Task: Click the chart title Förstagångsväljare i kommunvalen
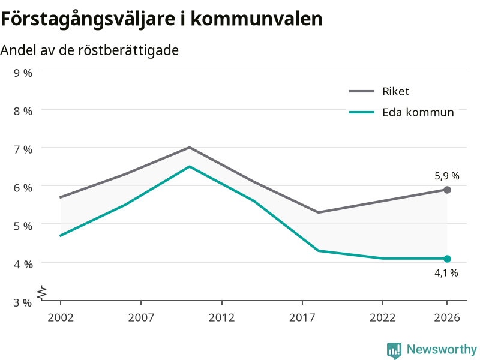tap(161, 20)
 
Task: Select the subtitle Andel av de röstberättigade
tap(89, 50)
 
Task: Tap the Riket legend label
tap(395, 91)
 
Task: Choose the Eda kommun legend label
tap(418, 112)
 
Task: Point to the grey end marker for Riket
tap(447, 190)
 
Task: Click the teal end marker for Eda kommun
tap(447, 259)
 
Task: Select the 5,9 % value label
tap(447, 176)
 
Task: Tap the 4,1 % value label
tap(446, 273)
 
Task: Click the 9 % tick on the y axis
tap(23, 73)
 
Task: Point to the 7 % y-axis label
tap(23, 149)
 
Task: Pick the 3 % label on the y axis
tap(23, 302)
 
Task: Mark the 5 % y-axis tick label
tap(23, 226)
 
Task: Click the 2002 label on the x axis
tap(61, 317)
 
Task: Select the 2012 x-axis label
tap(221, 317)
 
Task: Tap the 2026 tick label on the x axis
tap(447, 317)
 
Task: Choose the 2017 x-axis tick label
tap(302, 317)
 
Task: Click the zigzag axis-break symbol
tap(42, 292)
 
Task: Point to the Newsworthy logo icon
tap(394, 350)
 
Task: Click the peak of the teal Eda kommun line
tap(190, 167)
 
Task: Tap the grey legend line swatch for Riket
tap(362, 91)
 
